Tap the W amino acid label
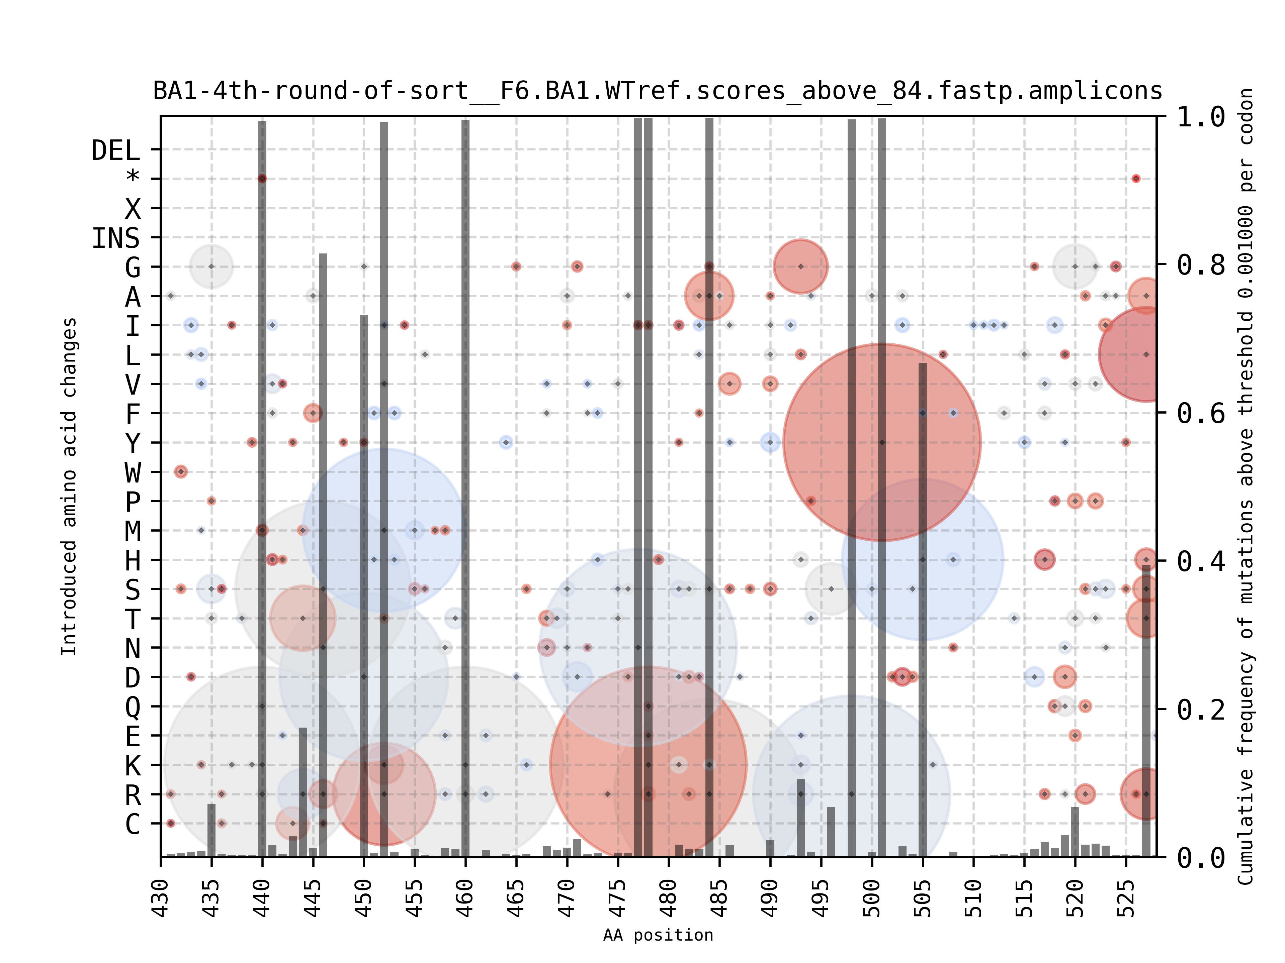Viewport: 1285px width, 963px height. click(x=133, y=472)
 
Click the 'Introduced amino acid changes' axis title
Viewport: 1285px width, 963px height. click(x=69, y=487)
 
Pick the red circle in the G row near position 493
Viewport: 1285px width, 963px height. click(x=800, y=266)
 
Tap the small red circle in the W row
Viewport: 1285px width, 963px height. click(x=181, y=472)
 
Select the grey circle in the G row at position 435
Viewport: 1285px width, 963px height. click(x=211, y=266)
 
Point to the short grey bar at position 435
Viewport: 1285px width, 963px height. click(x=211, y=830)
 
